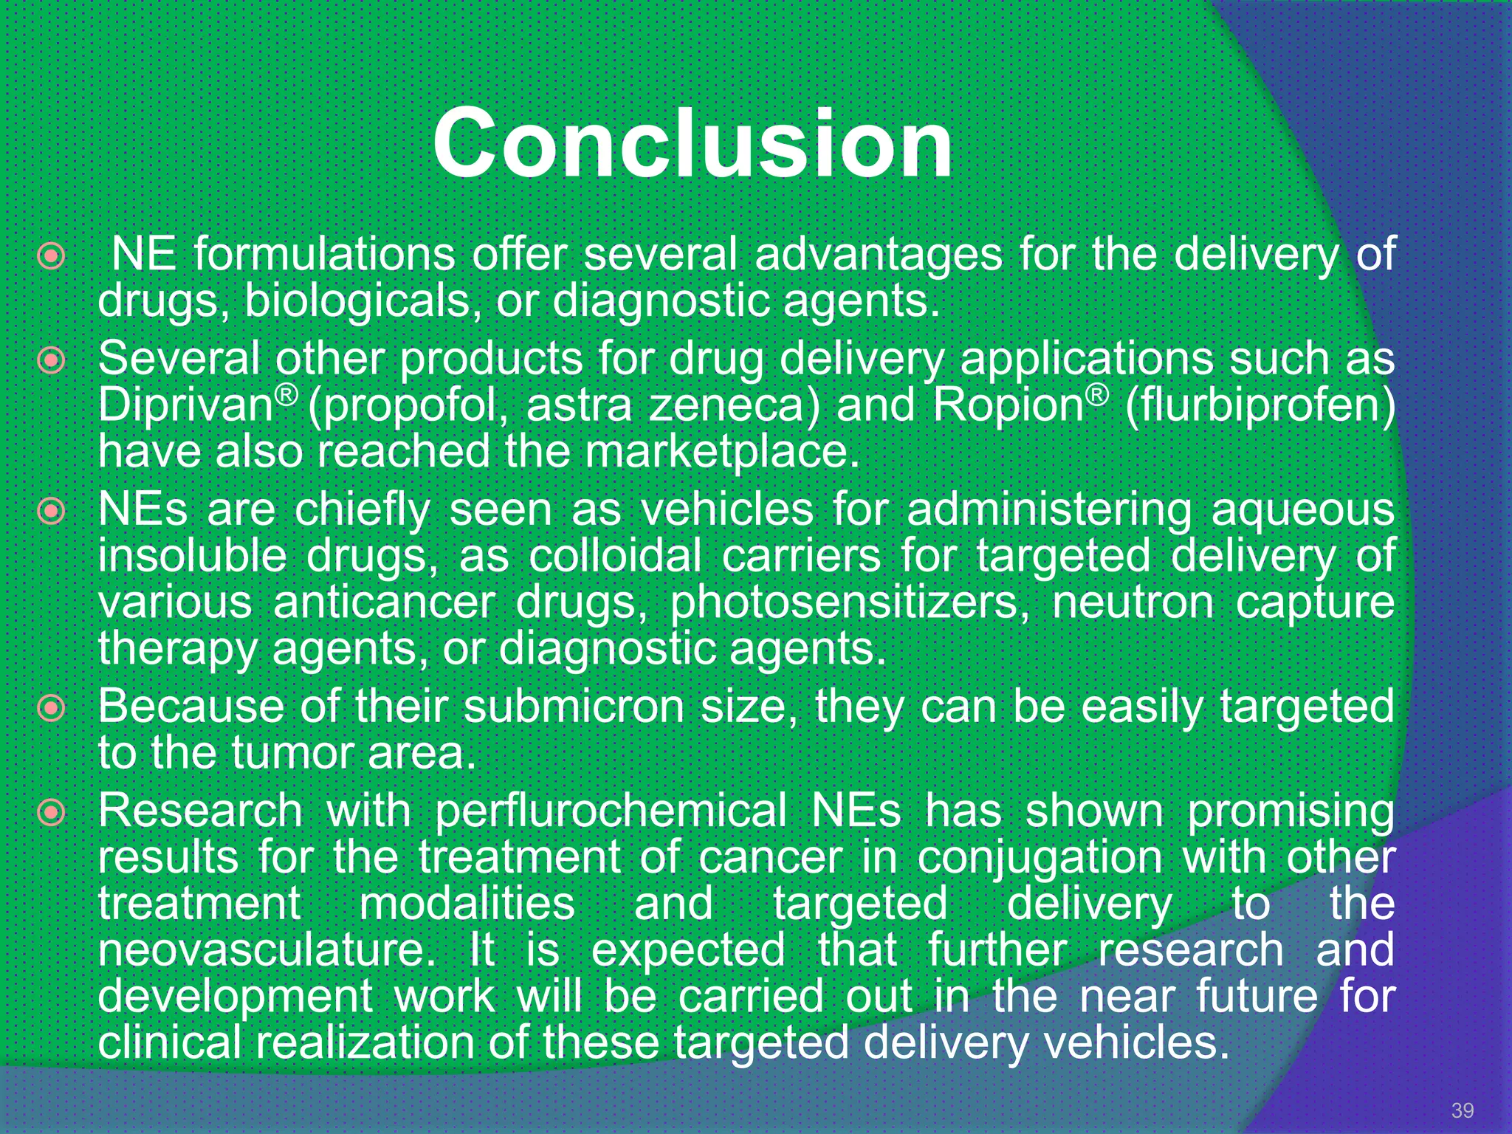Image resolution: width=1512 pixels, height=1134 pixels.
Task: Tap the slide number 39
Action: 1462,1110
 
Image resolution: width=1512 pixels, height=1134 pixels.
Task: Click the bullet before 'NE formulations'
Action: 52,257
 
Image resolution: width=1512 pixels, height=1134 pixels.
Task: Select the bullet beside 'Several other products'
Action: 52,361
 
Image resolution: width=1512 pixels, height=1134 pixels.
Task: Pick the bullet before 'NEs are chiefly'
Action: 52,512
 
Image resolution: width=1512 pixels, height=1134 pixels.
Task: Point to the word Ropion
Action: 1008,405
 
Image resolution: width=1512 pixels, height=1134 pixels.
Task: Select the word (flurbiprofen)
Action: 1260,407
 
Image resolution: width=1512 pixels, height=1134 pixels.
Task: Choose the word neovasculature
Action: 267,950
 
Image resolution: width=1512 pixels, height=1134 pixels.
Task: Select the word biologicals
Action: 357,302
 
